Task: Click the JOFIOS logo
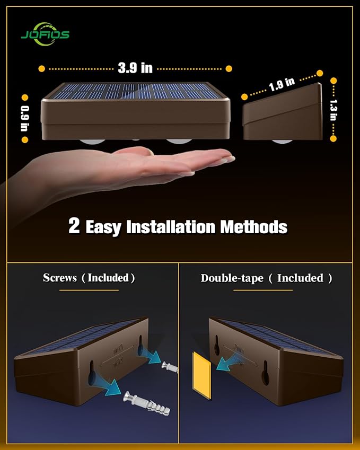(x=45, y=33)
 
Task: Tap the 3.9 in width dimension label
(x=135, y=68)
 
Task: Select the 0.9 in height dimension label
(x=24, y=118)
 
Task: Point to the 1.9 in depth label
(x=282, y=85)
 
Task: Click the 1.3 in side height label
(x=333, y=110)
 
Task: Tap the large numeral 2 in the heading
(x=74, y=226)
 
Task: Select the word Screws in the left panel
(x=60, y=278)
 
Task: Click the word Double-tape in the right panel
(x=232, y=278)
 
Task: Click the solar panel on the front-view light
(x=135, y=92)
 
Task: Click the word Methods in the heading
(x=253, y=227)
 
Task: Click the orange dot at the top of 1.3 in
(x=333, y=81)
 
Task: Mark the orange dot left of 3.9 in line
(x=42, y=68)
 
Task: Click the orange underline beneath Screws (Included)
(x=89, y=290)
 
